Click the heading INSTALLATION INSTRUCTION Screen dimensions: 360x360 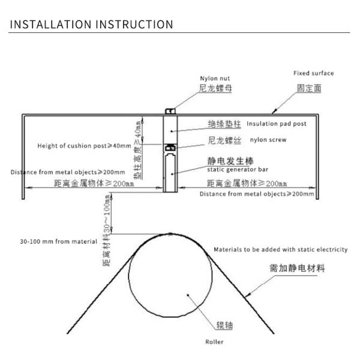(92, 25)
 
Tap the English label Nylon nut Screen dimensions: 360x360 (214, 78)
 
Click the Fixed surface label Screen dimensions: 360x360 (313, 73)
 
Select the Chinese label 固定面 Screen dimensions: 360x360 (309, 88)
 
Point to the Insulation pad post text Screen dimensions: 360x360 (277, 124)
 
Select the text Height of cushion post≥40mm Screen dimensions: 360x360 (75, 146)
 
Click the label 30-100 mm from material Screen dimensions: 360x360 (58, 241)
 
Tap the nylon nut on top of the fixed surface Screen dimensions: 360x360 (170, 110)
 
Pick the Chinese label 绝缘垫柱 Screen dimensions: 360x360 (225, 124)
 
